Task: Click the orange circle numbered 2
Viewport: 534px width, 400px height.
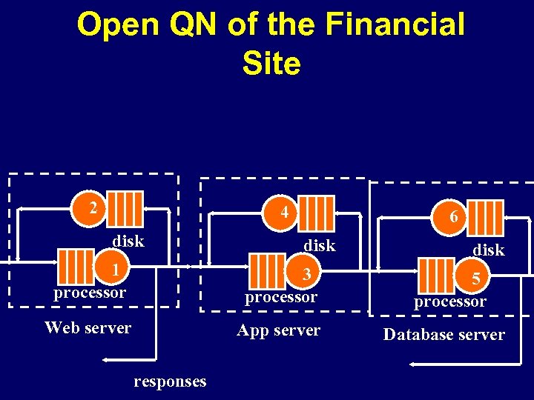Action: (x=92, y=208)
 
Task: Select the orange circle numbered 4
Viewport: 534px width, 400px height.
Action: (x=285, y=213)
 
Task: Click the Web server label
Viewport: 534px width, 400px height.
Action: (x=88, y=327)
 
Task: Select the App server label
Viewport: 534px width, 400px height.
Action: (x=278, y=330)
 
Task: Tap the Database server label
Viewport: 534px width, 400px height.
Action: (x=444, y=335)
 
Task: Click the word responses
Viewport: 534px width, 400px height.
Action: (x=170, y=381)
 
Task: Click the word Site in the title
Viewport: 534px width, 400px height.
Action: (x=271, y=64)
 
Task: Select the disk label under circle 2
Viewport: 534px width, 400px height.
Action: (x=128, y=241)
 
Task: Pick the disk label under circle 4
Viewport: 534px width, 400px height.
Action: (x=320, y=245)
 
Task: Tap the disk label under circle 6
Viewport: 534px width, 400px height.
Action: (x=489, y=250)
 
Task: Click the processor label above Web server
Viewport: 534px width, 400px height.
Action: (x=89, y=293)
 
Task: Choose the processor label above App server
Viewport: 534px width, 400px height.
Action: (x=280, y=297)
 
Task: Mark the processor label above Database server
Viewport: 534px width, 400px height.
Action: (x=449, y=301)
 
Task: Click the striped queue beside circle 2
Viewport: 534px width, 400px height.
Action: (x=129, y=208)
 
